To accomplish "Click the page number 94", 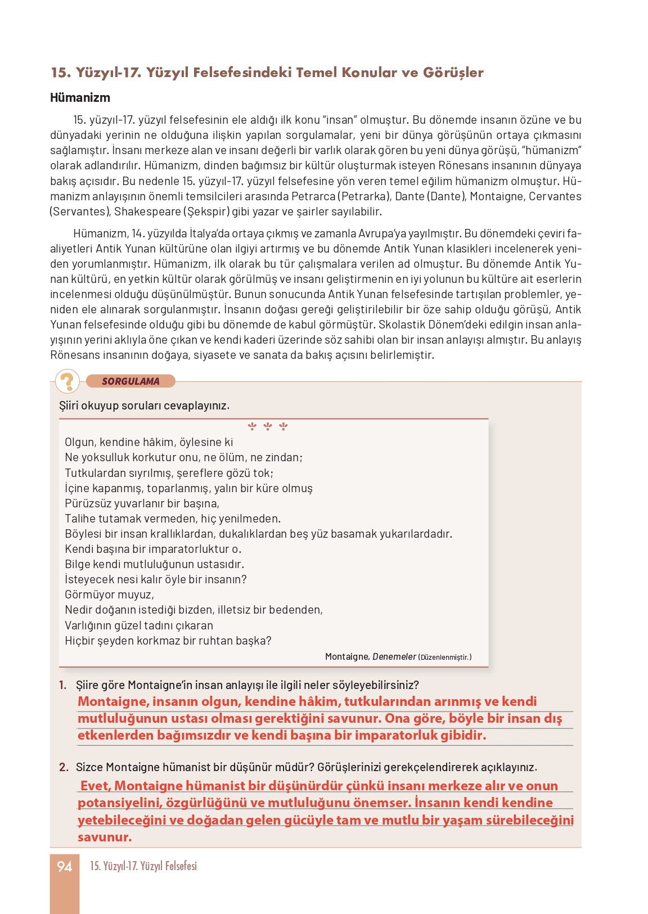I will tap(65, 866).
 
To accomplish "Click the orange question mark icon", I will tap(67, 381).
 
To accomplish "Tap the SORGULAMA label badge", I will tap(130, 381).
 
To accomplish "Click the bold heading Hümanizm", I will tap(80, 97).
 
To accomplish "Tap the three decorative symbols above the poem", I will tap(268, 427).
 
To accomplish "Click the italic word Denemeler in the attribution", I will tap(394, 656).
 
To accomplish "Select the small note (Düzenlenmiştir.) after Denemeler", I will tap(445, 657).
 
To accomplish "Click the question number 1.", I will tap(62, 685).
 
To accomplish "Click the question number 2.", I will tap(64, 767).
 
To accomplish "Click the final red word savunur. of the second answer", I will tap(105, 837).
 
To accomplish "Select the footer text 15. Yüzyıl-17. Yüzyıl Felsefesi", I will tap(143, 866).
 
